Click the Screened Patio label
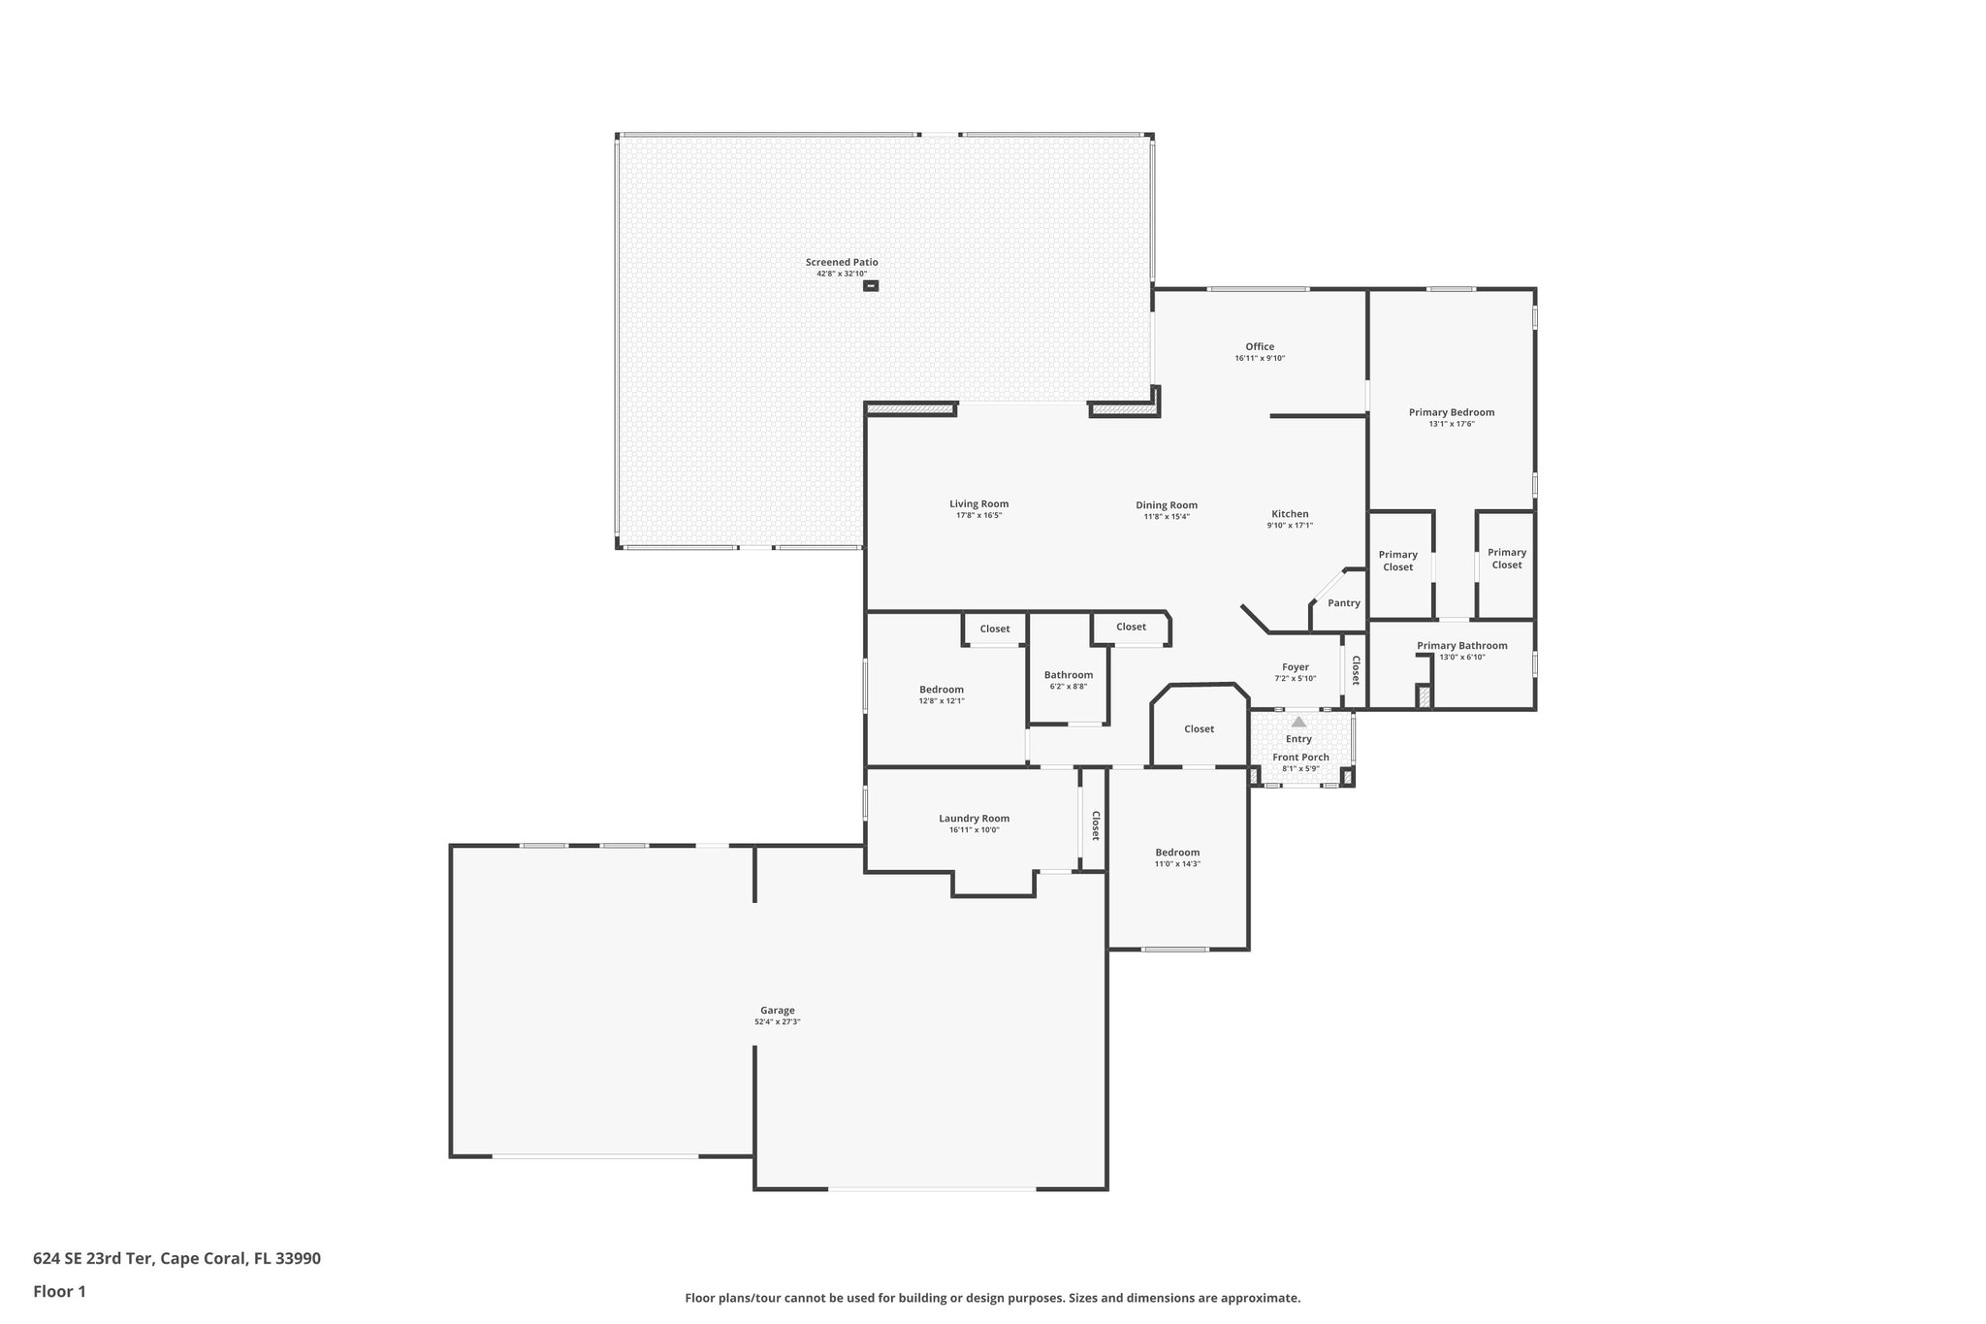point(841,262)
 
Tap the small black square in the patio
point(871,286)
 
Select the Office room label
point(1260,346)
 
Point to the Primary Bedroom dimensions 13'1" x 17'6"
point(1451,424)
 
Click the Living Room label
point(978,503)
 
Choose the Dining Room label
point(1167,504)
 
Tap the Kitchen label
point(1290,514)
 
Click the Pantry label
point(1343,603)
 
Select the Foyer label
point(1296,667)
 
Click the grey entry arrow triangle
point(1298,722)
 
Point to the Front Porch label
point(1300,758)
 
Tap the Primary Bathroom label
point(1461,646)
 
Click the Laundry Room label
point(974,819)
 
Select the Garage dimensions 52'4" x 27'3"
point(777,1021)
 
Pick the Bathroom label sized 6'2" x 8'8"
point(1068,675)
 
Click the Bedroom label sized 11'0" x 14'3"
point(1177,853)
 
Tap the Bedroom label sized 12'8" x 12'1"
point(942,690)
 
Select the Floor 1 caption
point(60,1291)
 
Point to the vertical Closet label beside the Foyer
point(1356,670)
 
